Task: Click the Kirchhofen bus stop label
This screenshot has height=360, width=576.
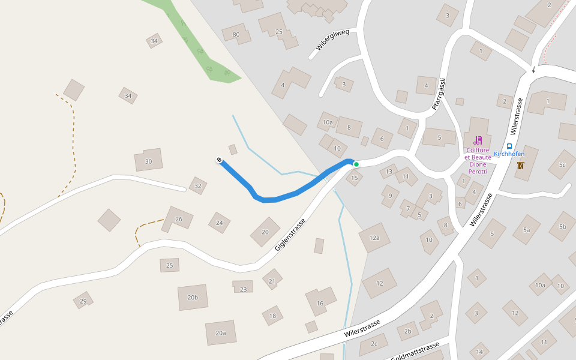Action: click(x=509, y=154)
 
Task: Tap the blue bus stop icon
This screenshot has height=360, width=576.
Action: click(x=509, y=146)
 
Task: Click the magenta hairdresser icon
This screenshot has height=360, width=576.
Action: click(x=478, y=140)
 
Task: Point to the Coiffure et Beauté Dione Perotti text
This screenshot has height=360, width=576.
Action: click(x=478, y=161)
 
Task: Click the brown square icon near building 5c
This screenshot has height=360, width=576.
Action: click(x=520, y=166)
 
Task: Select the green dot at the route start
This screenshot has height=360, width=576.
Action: click(x=356, y=164)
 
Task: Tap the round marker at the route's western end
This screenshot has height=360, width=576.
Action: click(x=220, y=160)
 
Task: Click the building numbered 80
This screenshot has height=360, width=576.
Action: click(x=236, y=34)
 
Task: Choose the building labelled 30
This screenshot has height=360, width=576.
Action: click(x=149, y=161)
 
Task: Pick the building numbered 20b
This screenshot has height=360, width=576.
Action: click(x=193, y=297)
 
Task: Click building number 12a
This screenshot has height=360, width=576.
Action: click(x=374, y=238)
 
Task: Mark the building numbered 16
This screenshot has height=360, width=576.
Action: click(x=320, y=303)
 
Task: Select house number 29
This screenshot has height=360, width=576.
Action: click(x=83, y=301)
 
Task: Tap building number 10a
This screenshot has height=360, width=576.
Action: click(x=328, y=122)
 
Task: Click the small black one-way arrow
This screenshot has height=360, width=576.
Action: click(x=533, y=70)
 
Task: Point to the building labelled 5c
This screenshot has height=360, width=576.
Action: click(x=562, y=164)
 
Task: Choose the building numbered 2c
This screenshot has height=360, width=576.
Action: click(x=374, y=344)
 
